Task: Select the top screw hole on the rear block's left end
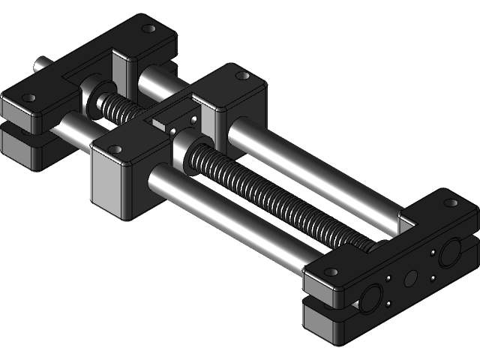tap(29, 97)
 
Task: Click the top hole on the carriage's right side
tap(241, 76)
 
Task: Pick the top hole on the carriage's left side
tap(115, 149)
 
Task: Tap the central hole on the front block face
tap(410, 278)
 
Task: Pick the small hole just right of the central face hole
tap(432, 278)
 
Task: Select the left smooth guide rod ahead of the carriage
tap(225, 217)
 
